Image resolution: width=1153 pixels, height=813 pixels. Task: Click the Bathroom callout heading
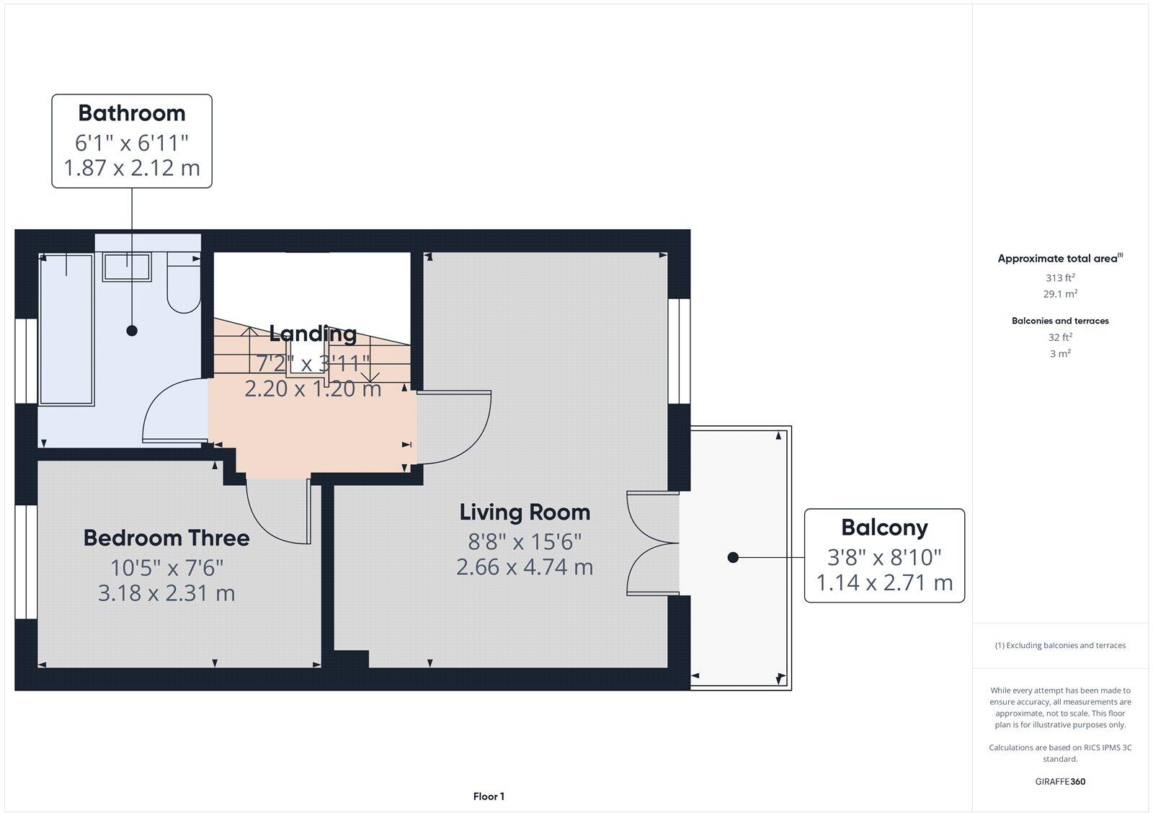tap(131, 113)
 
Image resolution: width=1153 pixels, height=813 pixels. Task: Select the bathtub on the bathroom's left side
tap(66, 329)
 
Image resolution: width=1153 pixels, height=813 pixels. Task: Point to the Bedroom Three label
tap(166, 538)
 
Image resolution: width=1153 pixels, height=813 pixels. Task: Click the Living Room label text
tap(525, 512)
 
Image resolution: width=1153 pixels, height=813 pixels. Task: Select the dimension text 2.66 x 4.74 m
tap(525, 567)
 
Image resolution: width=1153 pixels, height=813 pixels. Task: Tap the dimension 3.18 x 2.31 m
tap(166, 593)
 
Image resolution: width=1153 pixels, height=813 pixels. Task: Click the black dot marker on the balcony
tap(733, 557)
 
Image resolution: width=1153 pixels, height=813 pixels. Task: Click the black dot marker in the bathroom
tap(132, 331)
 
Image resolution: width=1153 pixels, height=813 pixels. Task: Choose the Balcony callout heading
tap(884, 528)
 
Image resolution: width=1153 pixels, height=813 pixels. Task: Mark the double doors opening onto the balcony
tap(652, 543)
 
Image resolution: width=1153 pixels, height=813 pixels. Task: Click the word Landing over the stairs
tap(313, 334)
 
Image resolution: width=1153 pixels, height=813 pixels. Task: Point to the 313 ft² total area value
tap(1060, 277)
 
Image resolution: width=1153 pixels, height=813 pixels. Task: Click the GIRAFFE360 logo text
tap(1060, 781)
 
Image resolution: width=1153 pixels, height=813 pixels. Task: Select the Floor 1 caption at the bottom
tap(489, 796)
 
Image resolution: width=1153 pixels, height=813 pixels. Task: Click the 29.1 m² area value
tap(1060, 294)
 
